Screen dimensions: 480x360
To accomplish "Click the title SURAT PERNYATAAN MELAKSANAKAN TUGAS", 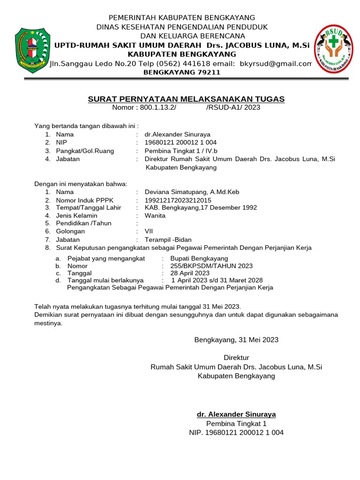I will [186, 99].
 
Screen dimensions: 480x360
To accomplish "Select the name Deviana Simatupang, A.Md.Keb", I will [192, 191].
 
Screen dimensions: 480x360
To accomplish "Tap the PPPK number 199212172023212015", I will [178, 200].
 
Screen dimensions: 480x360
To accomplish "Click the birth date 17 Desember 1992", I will [229, 208].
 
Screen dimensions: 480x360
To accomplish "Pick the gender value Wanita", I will [155, 216].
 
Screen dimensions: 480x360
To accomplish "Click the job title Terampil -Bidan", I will [168, 240].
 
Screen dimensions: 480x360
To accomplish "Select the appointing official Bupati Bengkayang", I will [199, 258].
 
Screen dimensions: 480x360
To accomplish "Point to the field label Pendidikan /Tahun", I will [83, 224].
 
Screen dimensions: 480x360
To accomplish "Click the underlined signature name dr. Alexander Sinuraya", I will [236, 414].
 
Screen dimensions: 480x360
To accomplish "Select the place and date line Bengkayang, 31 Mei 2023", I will [236, 339].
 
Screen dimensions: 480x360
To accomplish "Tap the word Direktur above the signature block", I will [236, 358].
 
